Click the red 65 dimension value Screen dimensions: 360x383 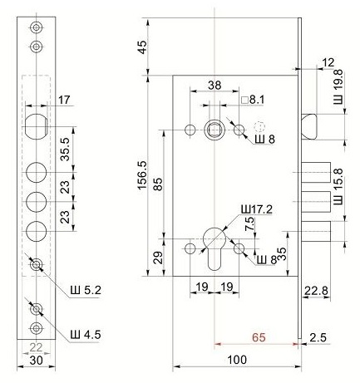pyautogui.click(x=259, y=337)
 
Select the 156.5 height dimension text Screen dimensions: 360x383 pyautogui.click(x=143, y=175)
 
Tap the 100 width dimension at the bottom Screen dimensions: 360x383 pyautogui.click(x=237, y=360)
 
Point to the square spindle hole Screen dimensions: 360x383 pyautogui.click(x=215, y=130)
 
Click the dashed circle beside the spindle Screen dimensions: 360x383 pyautogui.click(x=259, y=127)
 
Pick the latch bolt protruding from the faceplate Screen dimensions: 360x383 pyautogui.click(x=309, y=126)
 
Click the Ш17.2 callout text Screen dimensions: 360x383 pyautogui.click(x=257, y=209)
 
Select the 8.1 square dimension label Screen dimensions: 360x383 pyautogui.click(x=253, y=100)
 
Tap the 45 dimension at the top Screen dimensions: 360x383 pyautogui.click(x=142, y=47)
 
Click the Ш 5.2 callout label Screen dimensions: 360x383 pyautogui.click(x=86, y=290)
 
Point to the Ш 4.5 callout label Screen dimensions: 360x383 pyautogui.click(x=86, y=335)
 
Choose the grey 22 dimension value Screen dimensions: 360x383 pyautogui.click(x=36, y=347)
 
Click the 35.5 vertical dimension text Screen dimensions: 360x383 pyautogui.click(x=66, y=149)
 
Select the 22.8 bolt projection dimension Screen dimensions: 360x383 pyautogui.click(x=316, y=291)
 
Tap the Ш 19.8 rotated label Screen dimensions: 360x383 pyautogui.click(x=338, y=86)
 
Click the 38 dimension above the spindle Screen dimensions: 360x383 pyautogui.click(x=215, y=86)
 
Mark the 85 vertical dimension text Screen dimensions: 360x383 pyautogui.click(x=158, y=184)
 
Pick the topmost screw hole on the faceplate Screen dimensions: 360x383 pyautogui.click(x=36, y=27)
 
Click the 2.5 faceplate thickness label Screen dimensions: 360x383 pyautogui.click(x=318, y=337)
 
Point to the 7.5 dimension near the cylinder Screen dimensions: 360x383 pyautogui.click(x=249, y=223)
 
